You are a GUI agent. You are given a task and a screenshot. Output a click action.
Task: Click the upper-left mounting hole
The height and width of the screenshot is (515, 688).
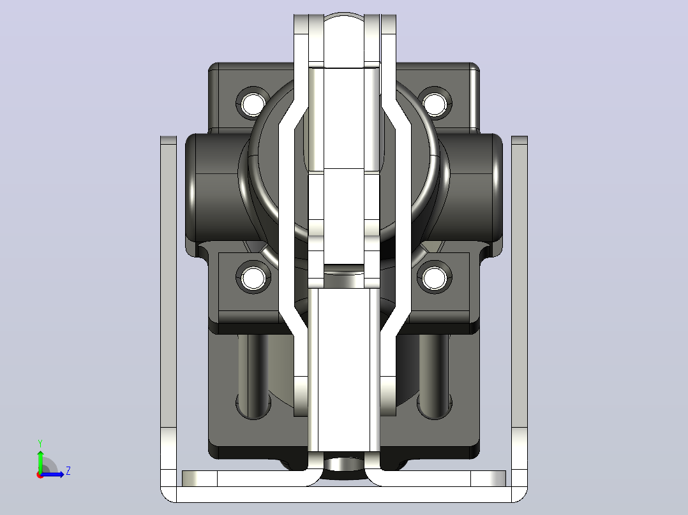[x=253, y=103]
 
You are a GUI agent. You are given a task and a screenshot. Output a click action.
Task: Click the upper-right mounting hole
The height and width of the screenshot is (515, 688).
[x=435, y=103]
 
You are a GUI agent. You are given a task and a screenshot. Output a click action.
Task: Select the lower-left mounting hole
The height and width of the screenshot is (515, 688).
[x=253, y=278]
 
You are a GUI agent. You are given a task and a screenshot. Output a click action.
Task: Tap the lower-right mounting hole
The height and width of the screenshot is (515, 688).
[x=435, y=278]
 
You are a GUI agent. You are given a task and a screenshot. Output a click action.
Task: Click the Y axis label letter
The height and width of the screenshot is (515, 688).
[x=40, y=444]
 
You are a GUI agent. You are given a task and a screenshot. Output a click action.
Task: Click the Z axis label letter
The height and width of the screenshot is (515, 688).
[x=68, y=471]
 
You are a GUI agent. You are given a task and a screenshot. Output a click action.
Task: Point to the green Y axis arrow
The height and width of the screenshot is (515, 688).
[x=40, y=461]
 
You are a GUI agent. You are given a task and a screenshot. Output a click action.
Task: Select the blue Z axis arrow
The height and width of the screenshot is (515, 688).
[x=52, y=474]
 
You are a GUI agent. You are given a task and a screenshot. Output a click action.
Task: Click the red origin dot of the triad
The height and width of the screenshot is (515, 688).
[x=40, y=475]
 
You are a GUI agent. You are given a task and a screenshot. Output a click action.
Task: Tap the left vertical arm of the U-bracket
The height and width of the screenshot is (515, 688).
[x=168, y=307]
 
